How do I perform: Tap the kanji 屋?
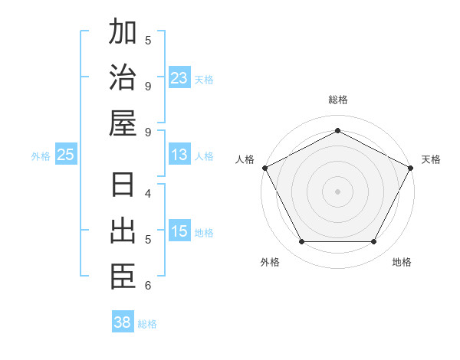pos(123,123)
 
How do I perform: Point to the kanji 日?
pos(123,186)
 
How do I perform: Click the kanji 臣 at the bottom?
pos(123,277)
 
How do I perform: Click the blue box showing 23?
pos(179,77)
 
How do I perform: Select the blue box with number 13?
pos(179,155)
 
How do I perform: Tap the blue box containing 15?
pos(179,231)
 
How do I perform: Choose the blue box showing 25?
pos(66,155)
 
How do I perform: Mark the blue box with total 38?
pos(123,322)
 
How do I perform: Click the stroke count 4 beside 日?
pos(148,193)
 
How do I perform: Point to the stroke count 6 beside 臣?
pos(148,286)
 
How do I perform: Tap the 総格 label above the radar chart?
pos(337,100)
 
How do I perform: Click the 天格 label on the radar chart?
pos(431,159)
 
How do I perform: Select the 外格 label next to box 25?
pos(41,155)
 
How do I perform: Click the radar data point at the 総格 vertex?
pos(337,130)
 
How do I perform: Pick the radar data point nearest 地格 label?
pos(374,242)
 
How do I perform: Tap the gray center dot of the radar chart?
pos(337,191)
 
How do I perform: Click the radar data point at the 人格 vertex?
pos(264,167)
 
